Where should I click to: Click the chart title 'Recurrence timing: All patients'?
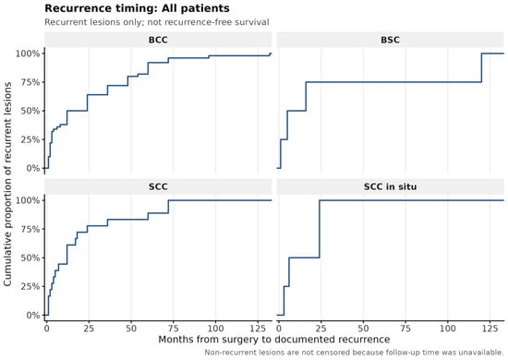pos(137,8)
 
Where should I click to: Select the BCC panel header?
pos(158,40)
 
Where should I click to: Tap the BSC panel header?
pos(391,40)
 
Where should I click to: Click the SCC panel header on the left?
pos(158,186)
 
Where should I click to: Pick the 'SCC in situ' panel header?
pos(391,186)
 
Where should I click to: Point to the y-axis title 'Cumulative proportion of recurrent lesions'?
pos(7,184)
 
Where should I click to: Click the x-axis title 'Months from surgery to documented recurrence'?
pos(274,340)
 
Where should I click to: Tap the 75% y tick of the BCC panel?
pos(30,82)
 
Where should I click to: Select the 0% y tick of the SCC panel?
pos(32,315)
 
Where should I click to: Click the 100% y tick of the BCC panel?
pos(28,54)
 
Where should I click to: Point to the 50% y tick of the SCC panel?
pos(30,258)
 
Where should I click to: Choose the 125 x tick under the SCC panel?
pos(258,329)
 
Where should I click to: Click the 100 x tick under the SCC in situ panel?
pos(448,329)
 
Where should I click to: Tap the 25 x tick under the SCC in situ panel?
pos(321,329)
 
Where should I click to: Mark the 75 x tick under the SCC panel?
pos(174,329)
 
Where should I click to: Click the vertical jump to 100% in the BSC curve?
pos(481,67)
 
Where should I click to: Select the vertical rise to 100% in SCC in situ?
pos(320,229)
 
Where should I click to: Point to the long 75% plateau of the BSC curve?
pos(393,82)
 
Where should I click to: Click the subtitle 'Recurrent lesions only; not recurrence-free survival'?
pos(157,22)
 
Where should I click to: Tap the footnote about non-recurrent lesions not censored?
pos(354,353)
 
